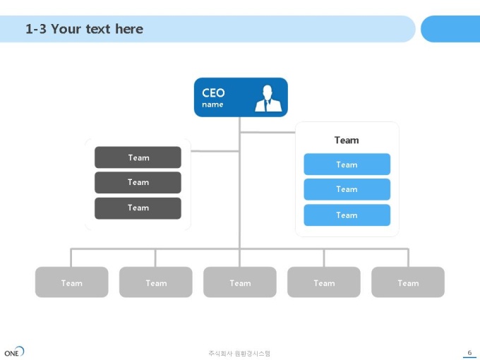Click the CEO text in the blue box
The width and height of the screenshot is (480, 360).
tap(213, 92)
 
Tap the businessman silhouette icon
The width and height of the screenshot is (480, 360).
tap(268, 98)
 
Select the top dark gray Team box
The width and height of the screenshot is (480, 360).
tap(138, 157)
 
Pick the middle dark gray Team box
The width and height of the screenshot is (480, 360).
tap(138, 182)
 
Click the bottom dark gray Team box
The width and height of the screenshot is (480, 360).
tap(138, 208)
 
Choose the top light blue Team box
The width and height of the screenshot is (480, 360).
tap(347, 164)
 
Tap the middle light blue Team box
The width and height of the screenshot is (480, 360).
tap(347, 189)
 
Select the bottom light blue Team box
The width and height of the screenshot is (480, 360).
tap(347, 215)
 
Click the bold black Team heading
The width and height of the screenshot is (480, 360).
tap(347, 140)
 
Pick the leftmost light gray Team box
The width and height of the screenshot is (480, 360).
tap(71, 282)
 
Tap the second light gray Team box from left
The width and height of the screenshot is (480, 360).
tap(156, 282)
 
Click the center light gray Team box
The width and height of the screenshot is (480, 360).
tap(240, 282)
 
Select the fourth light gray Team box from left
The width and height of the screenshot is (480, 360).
tap(324, 282)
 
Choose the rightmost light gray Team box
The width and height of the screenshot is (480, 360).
tap(408, 282)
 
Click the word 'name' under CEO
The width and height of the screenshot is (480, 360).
tap(212, 104)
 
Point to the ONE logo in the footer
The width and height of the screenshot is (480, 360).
tap(14, 352)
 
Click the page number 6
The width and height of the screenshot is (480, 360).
tap(469, 353)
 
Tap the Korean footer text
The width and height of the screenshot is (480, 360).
tap(239, 354)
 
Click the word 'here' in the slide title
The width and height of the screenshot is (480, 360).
tap(129, 29)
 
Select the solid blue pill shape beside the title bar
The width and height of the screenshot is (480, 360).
tap(450, 29)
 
